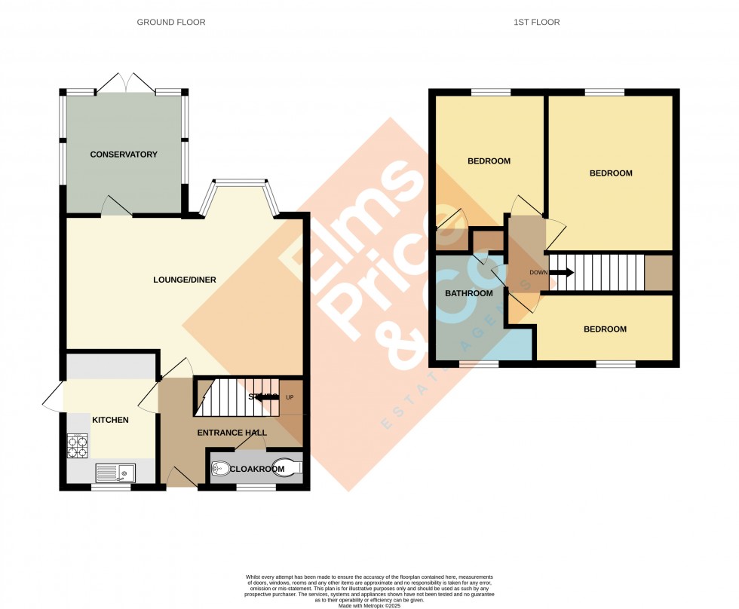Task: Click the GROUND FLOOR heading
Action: pyautogui.click(x=170, y=23)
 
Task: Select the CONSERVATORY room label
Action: pyautogui.click(x=124, y=155)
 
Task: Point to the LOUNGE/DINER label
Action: pyautogui.click(x=185, y=280)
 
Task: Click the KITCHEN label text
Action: pyautogui.click(x=110, y=420)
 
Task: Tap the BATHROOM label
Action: pyautogui.click(x=468, y=293)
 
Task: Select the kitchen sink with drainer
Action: pyautogui.click(x=115, y=473)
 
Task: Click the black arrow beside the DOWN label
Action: pyautogui.click(x=562, y=273)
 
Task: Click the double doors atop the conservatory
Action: pyautogui.click(x=124, y=82)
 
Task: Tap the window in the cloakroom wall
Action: pyautogui.click(x=256, y=488)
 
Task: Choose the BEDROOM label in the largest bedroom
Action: pyautogui.click(x=610, y=173)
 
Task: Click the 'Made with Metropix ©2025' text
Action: pyautogui.click(x=369, y=605)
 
